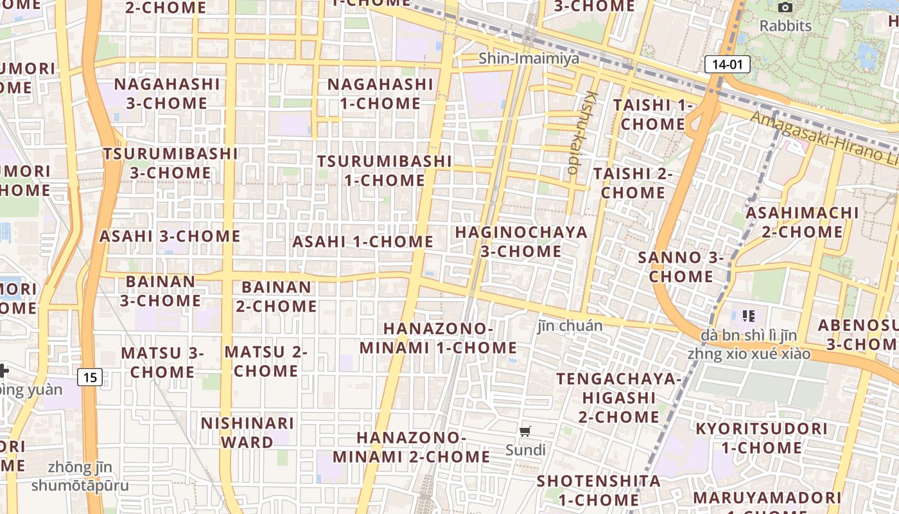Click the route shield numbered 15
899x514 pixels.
(x=91, y=377)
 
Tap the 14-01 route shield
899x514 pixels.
(x=728, y=64)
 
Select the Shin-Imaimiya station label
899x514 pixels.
(x=528, y=58)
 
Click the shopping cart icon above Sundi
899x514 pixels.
(x=525, y=432)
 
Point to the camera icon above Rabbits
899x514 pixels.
(x=785, y=8)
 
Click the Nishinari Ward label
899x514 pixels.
(x=247, y=432)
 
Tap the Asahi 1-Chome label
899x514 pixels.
(x=363, y=242)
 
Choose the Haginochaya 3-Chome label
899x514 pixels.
(x=521, y=242)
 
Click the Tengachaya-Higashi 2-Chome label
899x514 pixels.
(x=620, y=398)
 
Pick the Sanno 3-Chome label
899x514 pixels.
(x=681, y=267)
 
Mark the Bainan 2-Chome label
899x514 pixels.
(x=276, y=297)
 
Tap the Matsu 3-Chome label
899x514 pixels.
(x=162, y=362)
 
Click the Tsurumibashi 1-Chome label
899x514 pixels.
(x=384, y=170)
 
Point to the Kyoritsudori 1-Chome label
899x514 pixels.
(x=762, y=438)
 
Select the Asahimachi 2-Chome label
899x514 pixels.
(x=802, y=222)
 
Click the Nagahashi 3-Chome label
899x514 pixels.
(x=167, y=94)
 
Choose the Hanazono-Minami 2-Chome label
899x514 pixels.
(x=411, y=447)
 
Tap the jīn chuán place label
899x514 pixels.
(x=570, y=326)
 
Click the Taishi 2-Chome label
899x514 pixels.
(x=633, y=183)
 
